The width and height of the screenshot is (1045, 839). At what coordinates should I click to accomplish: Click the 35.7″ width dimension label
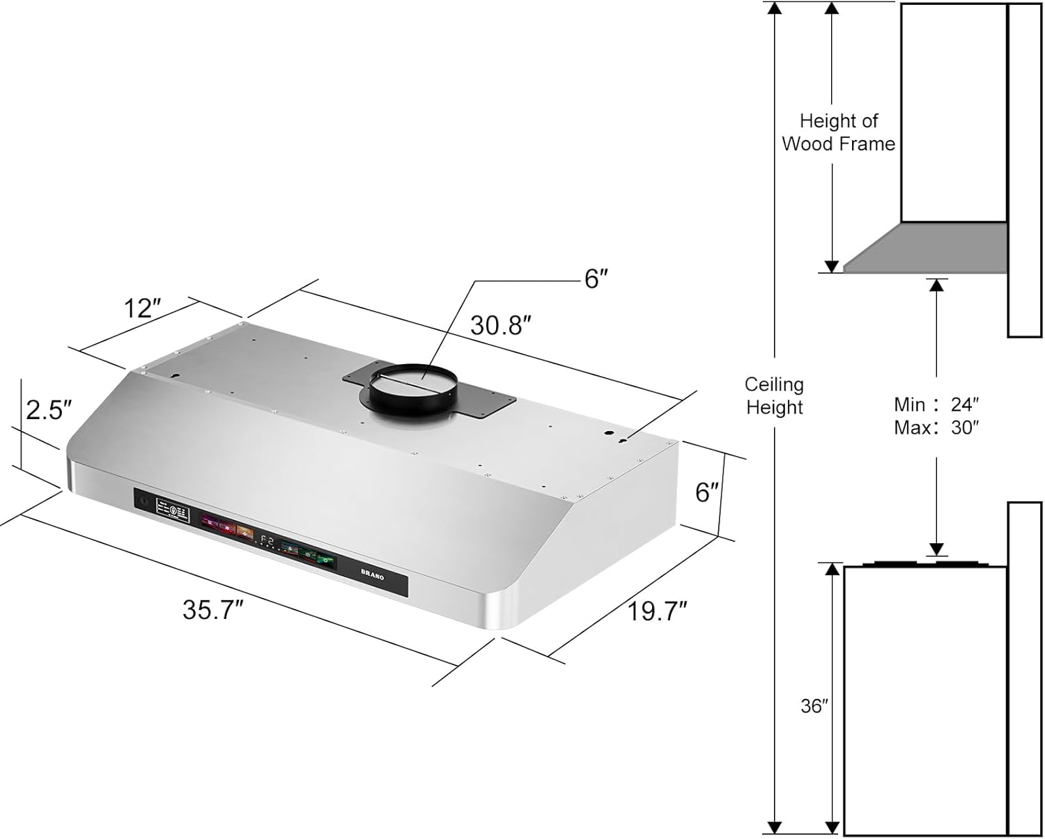pos(212,610)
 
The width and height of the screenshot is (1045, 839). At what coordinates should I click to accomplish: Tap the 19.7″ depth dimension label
pos(657,611)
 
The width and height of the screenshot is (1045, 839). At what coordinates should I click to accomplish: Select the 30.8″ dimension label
pos(501,325)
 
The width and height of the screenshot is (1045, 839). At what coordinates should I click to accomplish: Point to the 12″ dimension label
pos(142,308)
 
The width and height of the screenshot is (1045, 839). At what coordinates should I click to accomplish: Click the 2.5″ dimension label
pos(49,410)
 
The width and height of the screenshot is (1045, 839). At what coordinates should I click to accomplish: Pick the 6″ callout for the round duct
pos(596,279)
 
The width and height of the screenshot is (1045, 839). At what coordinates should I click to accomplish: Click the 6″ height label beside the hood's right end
pos(706,492)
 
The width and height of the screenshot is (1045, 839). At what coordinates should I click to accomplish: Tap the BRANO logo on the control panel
pos(372,576)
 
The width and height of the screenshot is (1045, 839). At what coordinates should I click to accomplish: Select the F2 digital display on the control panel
pos(267,539)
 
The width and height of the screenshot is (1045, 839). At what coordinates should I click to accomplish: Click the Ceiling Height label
pos(774,395)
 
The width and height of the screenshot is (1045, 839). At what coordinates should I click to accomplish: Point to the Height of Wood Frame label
pos(838,132)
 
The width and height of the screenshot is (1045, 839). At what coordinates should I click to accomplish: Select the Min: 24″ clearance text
pos(936,405)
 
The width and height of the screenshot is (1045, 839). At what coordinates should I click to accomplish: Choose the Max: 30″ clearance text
pos(936,428)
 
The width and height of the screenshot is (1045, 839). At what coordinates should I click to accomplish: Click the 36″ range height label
pos(813,706)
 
